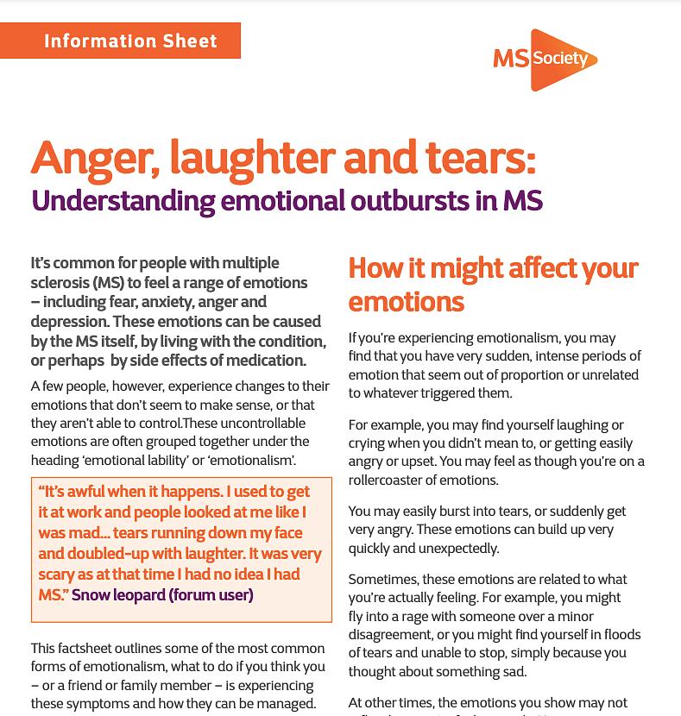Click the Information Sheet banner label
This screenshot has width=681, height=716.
[130, 41]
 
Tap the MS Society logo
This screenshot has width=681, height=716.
[545, 59]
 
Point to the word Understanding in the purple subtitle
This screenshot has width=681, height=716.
[123, 201]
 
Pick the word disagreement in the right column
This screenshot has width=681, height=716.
[390, 635]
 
